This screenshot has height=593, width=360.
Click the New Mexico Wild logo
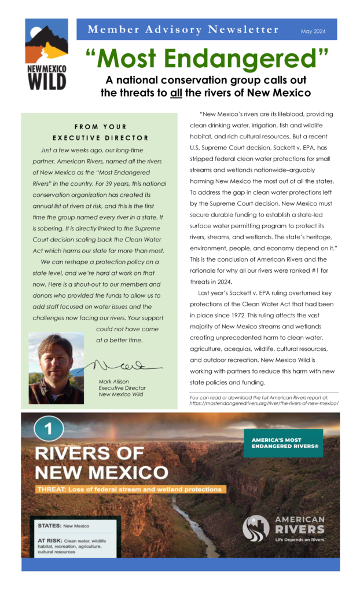pyautogui.click(x=46, y=54)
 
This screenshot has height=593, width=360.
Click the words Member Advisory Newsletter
pyautogui.click(x=183, y=30)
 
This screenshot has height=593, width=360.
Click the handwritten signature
pyautogui.click(x=124, y=365)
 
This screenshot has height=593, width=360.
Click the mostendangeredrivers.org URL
pyautogui.click(x=263, y=403)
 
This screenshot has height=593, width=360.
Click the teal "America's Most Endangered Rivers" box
pyautogui.click(x=283, y=443)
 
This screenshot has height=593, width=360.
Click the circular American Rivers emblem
pyautogui.click(x=256, y=528)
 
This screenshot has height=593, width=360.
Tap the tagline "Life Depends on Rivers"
pyautogui.click(x=299, y=539)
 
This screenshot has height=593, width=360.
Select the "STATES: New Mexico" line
pyautogui.click(x=64, y=526)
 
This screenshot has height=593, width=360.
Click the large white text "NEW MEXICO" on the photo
pyautogui.click(x=102, y=472)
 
